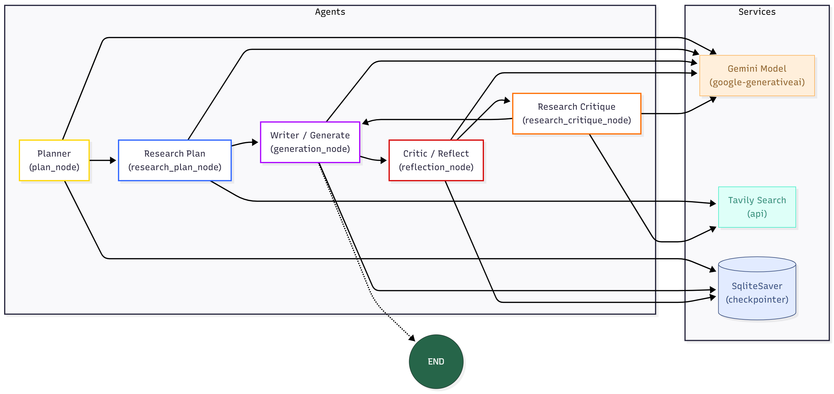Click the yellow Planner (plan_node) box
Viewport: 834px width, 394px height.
(x=54, y=160)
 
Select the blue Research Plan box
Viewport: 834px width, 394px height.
(x=175, y=160)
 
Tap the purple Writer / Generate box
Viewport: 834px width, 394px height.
(x=310, y=142)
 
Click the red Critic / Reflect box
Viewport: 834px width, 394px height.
(x=436, y=160)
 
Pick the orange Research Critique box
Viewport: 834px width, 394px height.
(x=576, y=114)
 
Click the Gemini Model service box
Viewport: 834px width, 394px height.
(x=757, y=75)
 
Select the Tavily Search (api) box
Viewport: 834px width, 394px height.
(x=757, y=207)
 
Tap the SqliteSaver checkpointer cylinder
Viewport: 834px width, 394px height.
(x=757, y=289)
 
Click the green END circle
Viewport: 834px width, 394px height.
(x=436, y=361)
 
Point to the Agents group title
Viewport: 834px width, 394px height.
(x=330, y=12)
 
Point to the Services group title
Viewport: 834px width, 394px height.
(x=757, y=12)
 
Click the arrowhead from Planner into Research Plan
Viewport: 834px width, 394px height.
(x=113, y=160)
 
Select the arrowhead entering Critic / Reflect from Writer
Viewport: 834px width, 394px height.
(x=384, y=160)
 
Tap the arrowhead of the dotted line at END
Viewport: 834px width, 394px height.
(x=412, y=338)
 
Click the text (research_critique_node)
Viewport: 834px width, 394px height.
(x=576, y=120)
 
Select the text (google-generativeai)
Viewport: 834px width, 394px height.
(x=757, y=82)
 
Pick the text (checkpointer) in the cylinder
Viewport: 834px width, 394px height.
(x=757, y=299)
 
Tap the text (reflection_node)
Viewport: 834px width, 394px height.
(x=436, y=167)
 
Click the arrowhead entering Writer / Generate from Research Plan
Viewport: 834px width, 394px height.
(x=255, y=142)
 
